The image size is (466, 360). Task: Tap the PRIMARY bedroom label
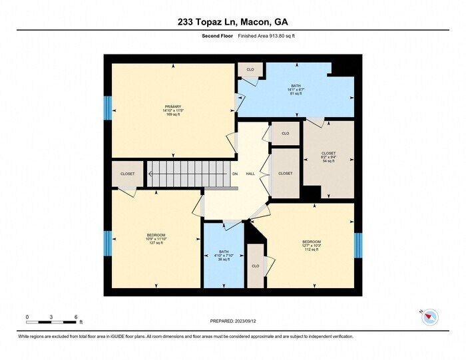coord(173,110)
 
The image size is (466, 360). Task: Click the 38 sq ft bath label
coord(224,256)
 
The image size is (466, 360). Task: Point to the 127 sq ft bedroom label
coord(156,238)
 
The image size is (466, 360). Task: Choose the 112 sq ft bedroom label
coord(312,245)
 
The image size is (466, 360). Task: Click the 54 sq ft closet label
coord(328,156)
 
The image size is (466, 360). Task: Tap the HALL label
coord(250,174)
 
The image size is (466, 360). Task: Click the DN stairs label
coord(234,174)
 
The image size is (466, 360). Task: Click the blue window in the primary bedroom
coord(107,108)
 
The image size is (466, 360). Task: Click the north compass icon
coord(429,317)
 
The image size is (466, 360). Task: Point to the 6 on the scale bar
coord(76,317)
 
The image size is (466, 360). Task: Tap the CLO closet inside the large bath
coord(250,69)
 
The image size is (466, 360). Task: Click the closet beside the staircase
coord(128,174)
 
